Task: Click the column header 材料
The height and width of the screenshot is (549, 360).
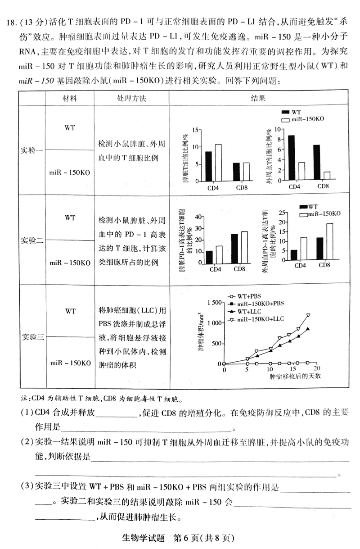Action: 70,98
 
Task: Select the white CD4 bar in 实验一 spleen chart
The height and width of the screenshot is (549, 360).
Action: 218,163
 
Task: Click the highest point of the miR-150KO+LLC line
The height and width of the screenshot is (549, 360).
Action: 308,315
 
